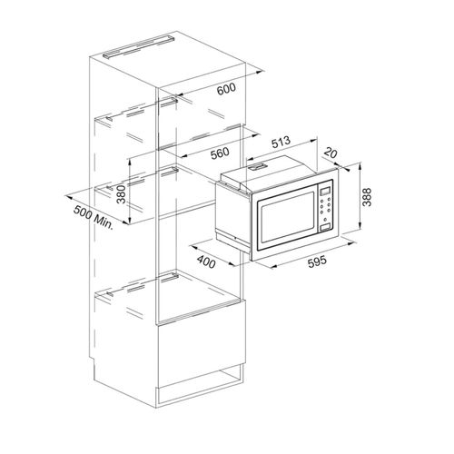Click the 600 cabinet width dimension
tap(226, 89)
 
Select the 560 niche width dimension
tap(220, 153)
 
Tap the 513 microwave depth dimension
tap(281, 143)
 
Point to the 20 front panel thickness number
tap(331, 153)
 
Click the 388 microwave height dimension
tap(367, 197)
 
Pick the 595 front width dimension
tap(317, 262)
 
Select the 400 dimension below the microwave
tap(206, 262)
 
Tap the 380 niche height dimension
tap(121, 194)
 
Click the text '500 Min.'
tap(94, 217)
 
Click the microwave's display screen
tap(325, 192)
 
